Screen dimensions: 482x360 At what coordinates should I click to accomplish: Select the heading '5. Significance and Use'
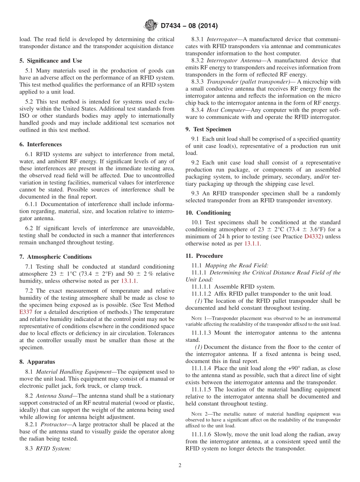click(x=50, y=61)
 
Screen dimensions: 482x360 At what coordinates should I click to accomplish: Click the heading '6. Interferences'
click(x=41, y=144)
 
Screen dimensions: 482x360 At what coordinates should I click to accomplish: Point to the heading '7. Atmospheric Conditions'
click(x=55, y=257)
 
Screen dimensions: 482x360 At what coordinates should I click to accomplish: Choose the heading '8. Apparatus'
click(x=37, y=362)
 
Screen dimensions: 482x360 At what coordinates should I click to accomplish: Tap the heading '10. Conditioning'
click(x=208, y=213)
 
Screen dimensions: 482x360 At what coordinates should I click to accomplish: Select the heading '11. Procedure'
click(x=204, y=256)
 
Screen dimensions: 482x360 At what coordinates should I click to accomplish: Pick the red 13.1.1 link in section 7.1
click(x=129, y=281)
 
